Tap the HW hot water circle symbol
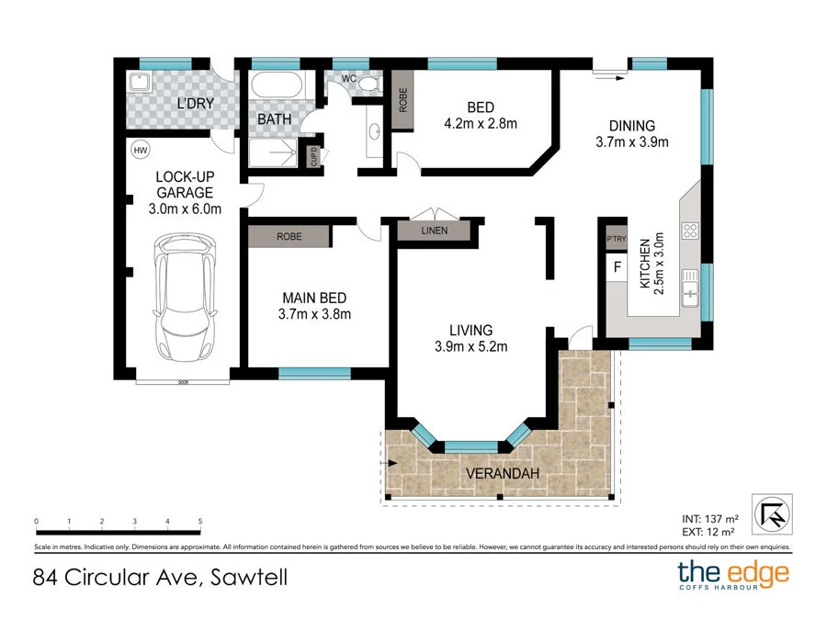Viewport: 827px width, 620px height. tap(141, 151)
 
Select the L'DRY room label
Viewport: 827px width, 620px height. tap(195, 103)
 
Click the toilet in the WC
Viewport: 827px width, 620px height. tap(368, 84)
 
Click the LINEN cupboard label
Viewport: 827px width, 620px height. tap(434, 231)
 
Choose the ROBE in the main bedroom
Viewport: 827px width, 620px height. tap(288, 236)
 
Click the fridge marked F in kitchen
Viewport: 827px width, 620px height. tap(617, 269)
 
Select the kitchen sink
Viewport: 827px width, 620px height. tap(689, 290)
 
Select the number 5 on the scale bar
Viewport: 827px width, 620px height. tap(200, 521)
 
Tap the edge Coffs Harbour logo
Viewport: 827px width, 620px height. tap(733, 576)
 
